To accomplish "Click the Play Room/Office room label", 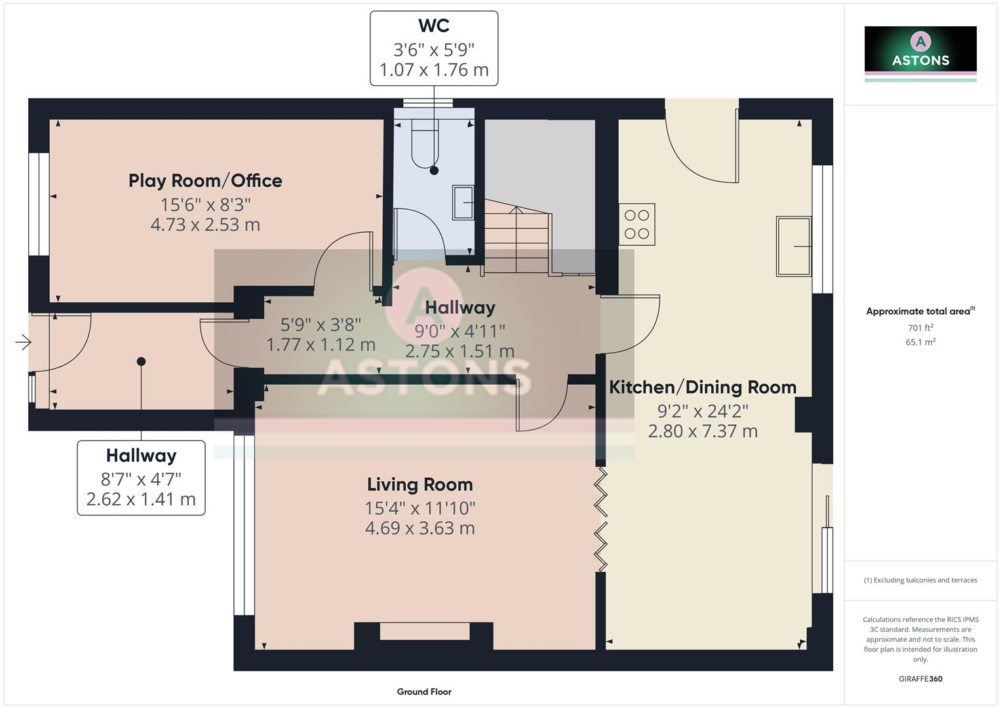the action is coord(205,181).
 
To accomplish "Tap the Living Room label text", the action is coord(420,484).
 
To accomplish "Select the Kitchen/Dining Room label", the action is coord(703,387).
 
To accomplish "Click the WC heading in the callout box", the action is coord(433,26).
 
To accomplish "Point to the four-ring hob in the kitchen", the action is coord(637,224).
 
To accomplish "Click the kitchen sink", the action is coord(794,246).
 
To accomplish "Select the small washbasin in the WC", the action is coord(463,203).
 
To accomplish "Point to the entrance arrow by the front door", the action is coord(23,343).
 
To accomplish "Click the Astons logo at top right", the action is coord(920,54).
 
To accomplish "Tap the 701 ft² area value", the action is coord(920,328).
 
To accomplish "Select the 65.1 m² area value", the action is coord(920,342).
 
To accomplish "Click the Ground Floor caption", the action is coord(424,692).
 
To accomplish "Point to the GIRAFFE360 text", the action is coord(920,678).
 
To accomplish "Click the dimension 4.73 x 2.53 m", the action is coord(205,224).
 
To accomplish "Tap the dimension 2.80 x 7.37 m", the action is coord(703,431).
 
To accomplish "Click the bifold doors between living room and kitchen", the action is coord(600,519).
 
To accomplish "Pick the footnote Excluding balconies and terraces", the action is coord(920,580).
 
